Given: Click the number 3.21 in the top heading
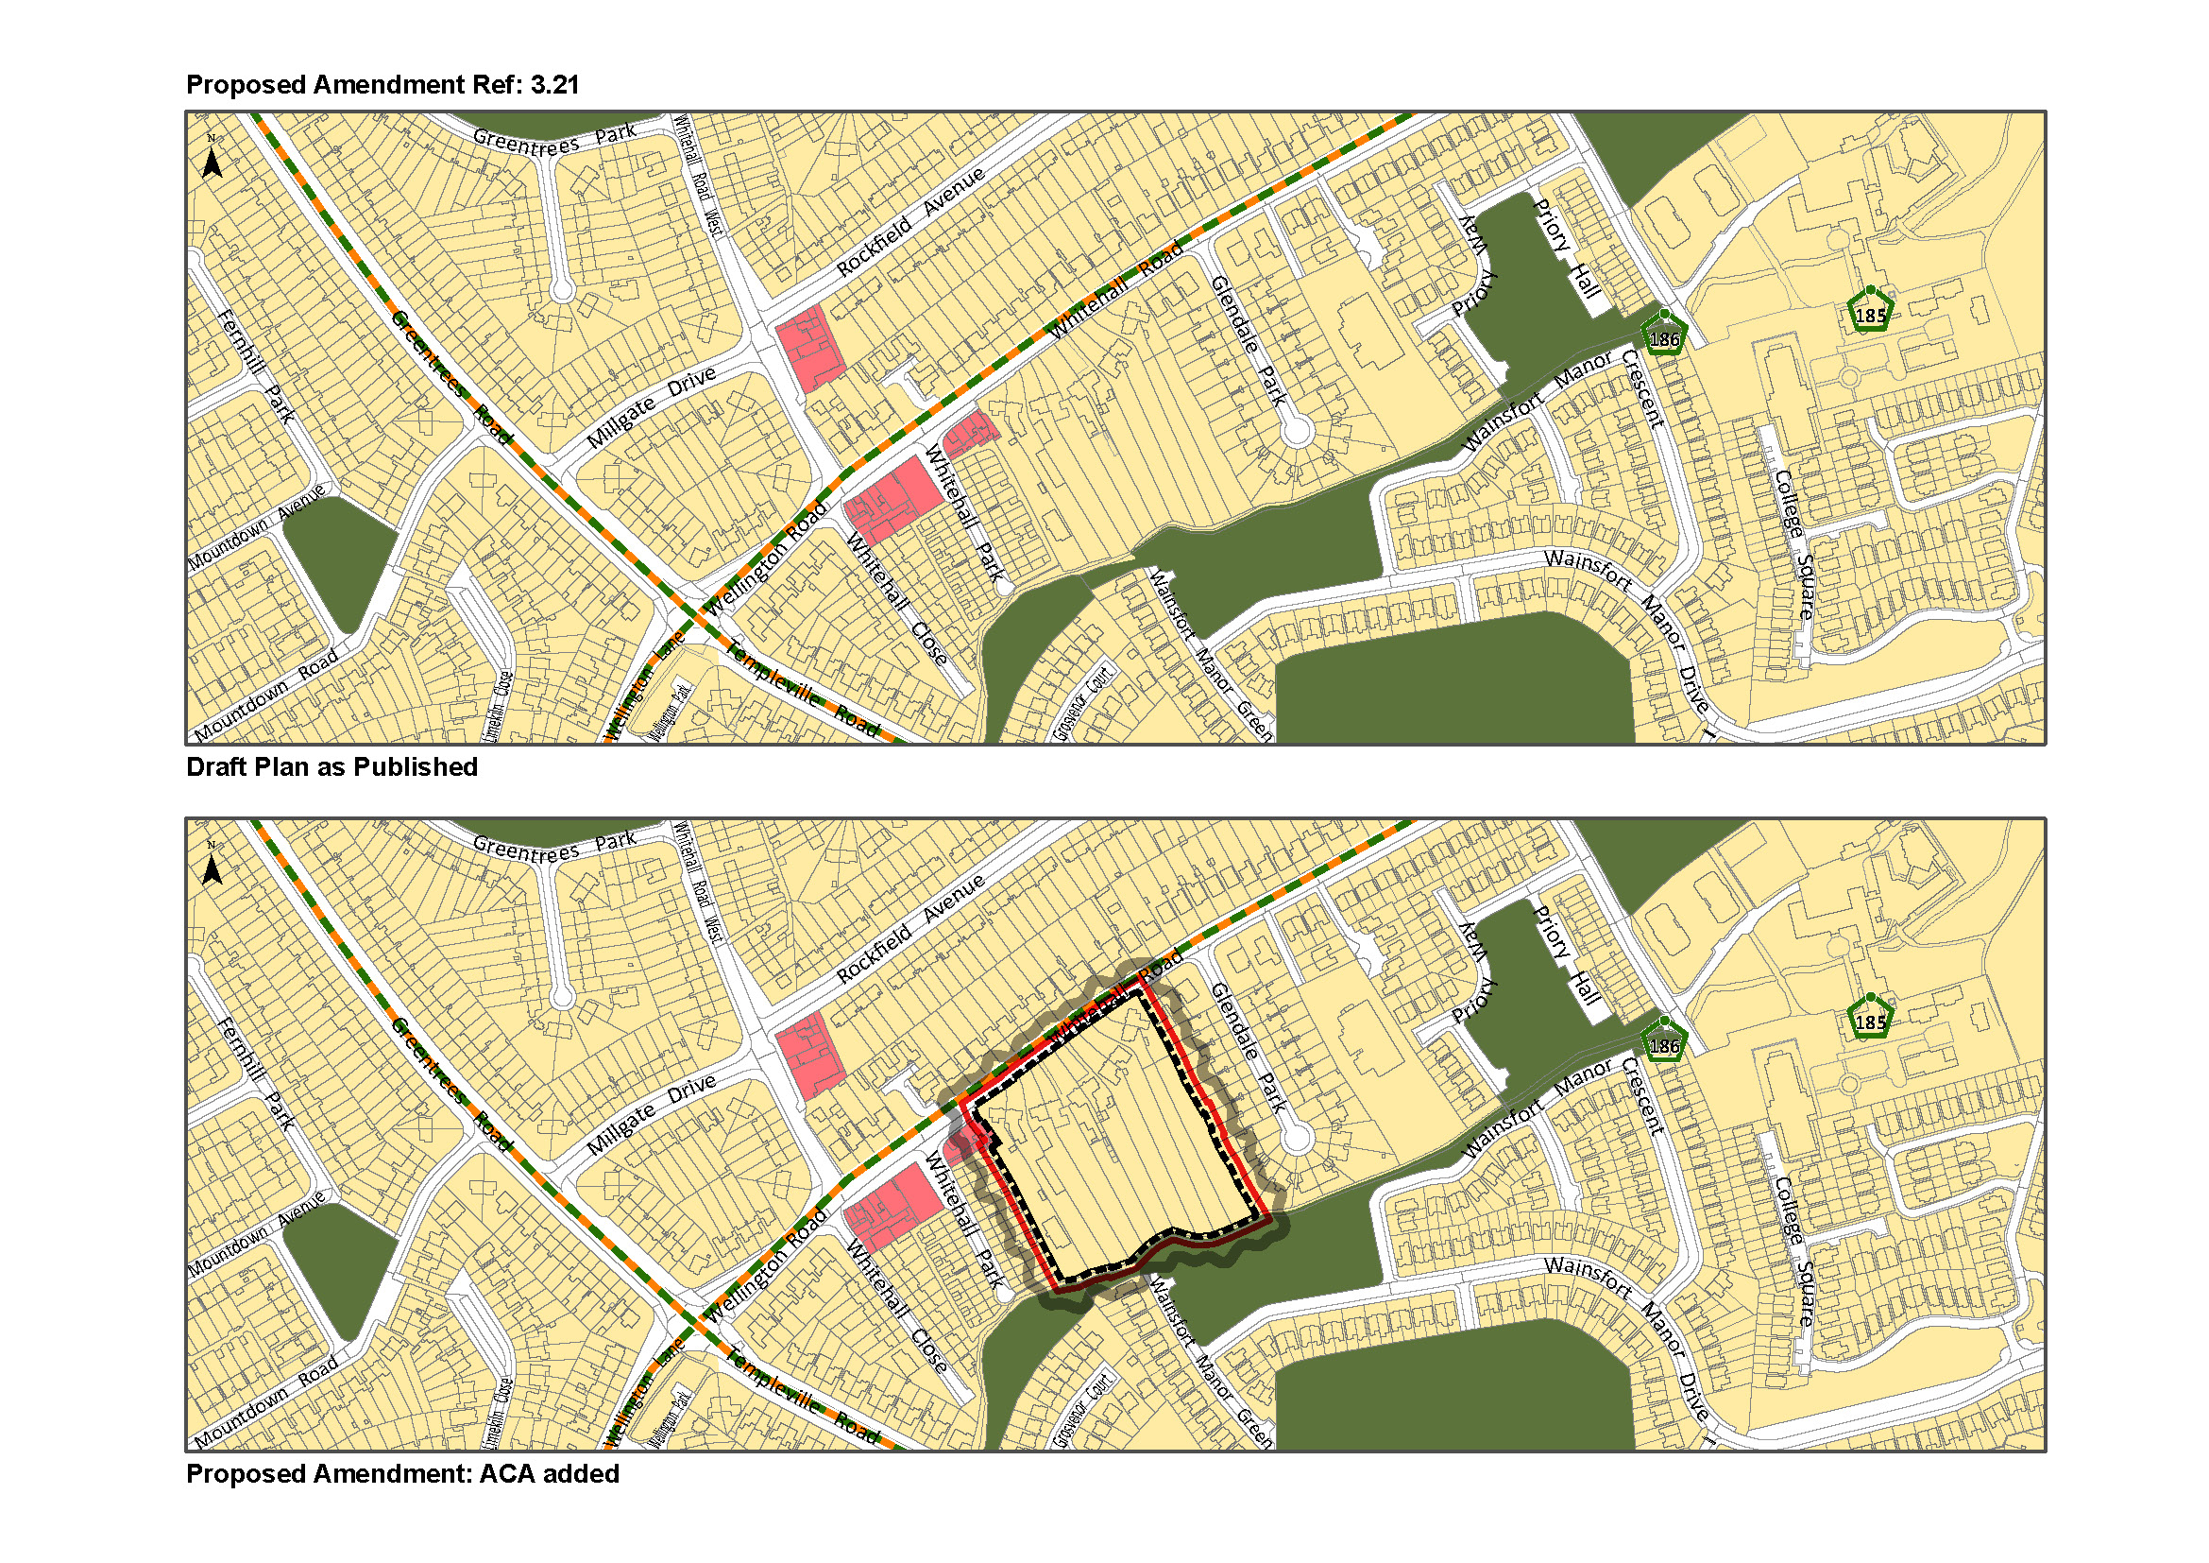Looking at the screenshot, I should point(554,85).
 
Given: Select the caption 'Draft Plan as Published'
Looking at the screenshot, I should point(331,767).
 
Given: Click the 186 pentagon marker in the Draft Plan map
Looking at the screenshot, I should point(1664,336).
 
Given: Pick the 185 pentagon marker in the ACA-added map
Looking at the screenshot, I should point(1870,1022).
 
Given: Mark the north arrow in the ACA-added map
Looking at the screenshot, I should point(212,867).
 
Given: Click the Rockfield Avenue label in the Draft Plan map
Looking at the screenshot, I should point(910,222).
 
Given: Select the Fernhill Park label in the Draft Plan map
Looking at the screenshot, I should point(256,367).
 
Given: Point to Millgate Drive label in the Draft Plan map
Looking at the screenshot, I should point(652,407).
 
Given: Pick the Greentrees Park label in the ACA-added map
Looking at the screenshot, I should point(554,846).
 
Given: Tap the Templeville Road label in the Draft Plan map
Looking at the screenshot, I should point(802,689).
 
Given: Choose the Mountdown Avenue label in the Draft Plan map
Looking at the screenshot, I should point(257,528).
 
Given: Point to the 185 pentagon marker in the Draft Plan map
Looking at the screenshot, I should point(1870,314).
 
